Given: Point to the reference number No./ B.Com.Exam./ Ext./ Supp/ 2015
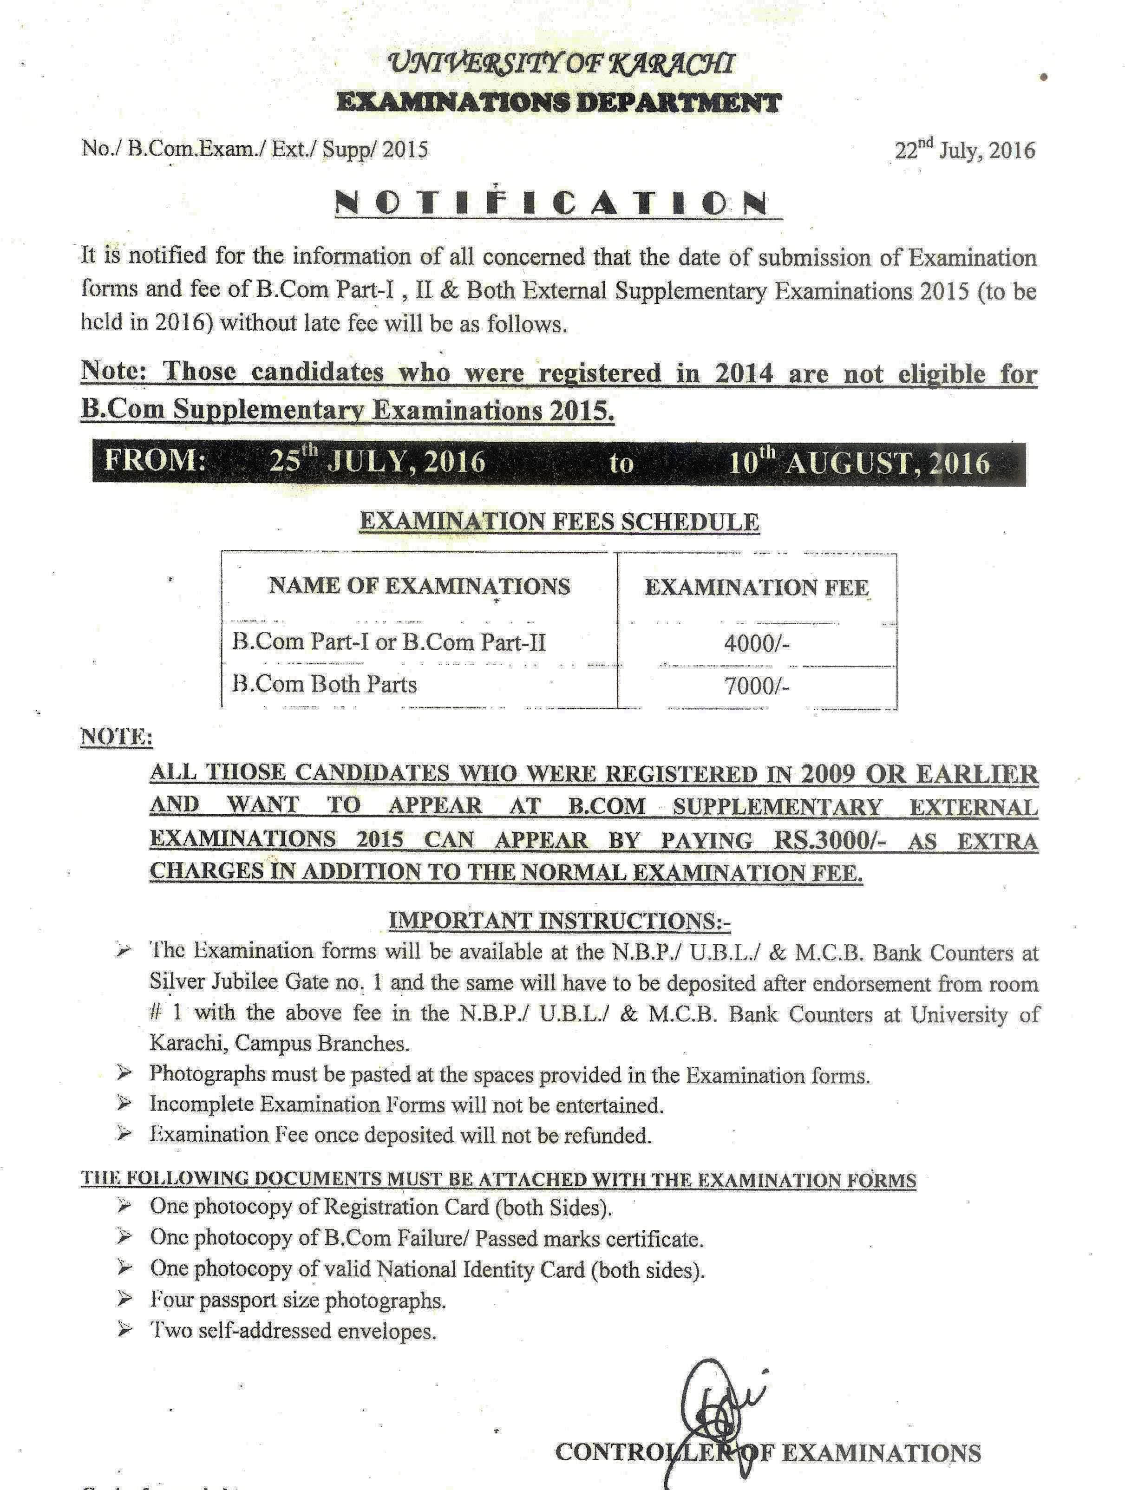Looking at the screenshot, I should (x=255, y=148).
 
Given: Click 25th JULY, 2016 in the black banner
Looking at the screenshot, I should (x=377, y=462).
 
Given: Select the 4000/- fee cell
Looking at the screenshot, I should (x=757, y=644).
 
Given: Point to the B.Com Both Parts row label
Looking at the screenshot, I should (x=325, y=684).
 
